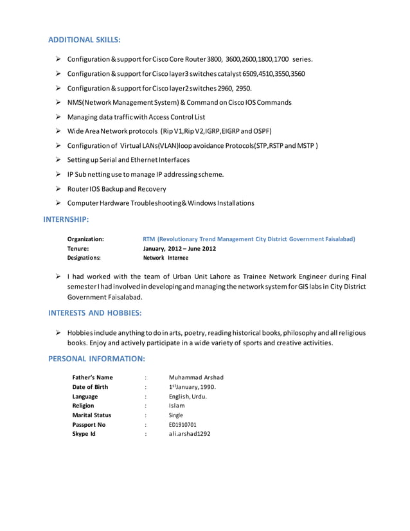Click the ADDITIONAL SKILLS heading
[84, 40]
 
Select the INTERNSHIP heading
[66, 219]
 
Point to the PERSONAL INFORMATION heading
[97, 357]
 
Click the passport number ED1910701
[183, 425]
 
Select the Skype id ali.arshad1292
[189, 434]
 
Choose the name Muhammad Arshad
[196, 377]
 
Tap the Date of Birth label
[90, 387]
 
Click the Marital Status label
[92, 415]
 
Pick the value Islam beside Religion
[177, 406]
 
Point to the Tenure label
[78, 248]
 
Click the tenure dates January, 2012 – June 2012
[179, 248]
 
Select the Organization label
[85, 239]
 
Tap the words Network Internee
[166, 257]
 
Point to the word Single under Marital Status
[175, 415]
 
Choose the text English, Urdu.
[188, 397]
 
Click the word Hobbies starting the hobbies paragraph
[80, 333]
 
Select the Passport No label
[89, 425]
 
